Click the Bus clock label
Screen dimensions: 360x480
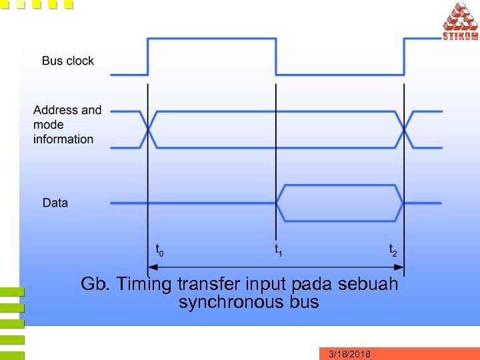(x=67, y=61)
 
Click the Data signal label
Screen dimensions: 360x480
(x=55, y=202)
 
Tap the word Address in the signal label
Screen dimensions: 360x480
(x=57, y=110)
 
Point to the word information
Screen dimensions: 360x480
(x=63, y=139)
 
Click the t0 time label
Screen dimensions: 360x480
(x=159, y=251)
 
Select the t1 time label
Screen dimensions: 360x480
(x=278, y=251)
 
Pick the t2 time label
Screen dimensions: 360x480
(x=393, y=251)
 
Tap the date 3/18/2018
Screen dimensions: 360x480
(x=350, y=354)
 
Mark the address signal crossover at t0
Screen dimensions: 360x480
(x=148, y=129)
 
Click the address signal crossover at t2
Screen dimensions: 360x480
(x=405, y=129)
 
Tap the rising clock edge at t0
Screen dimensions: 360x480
(x=148, y=56)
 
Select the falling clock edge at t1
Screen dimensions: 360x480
(x=276, y=56)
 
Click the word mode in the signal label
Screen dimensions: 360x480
(x=49, y=125)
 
